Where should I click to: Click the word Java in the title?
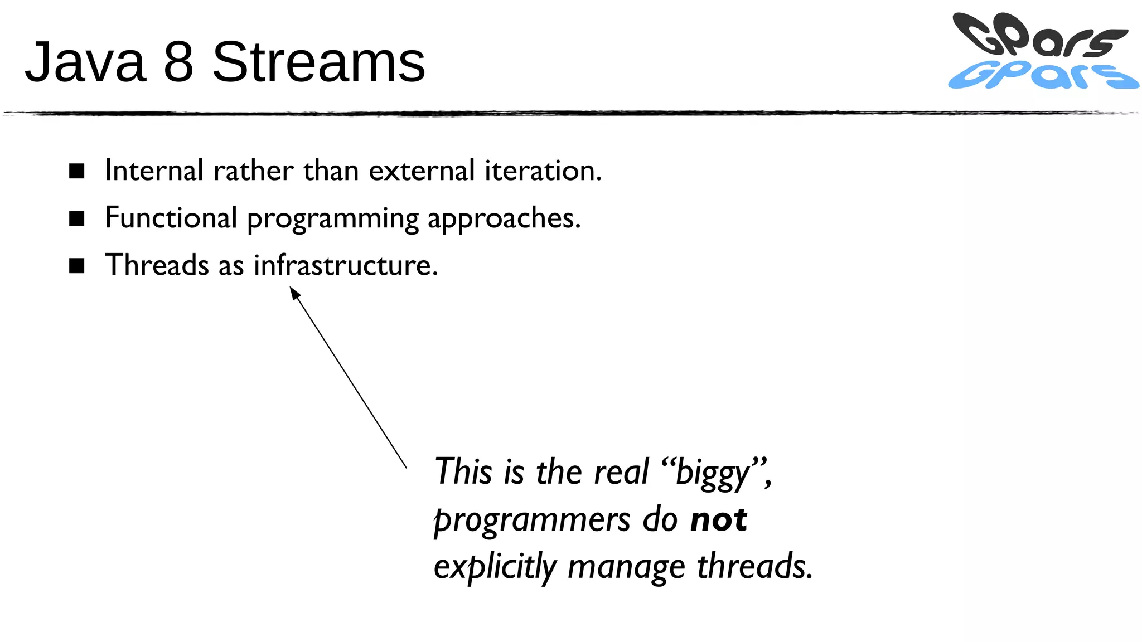(85, 62)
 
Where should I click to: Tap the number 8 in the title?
(178, 62)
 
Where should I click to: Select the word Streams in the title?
(318, 62)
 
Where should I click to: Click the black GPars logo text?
(1037, 35)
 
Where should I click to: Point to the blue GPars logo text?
(1043, 76)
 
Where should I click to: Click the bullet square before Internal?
(77, 171)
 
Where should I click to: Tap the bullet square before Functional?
(77, 218)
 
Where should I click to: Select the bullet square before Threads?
(77, 266)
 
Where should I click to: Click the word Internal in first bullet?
(154, 171)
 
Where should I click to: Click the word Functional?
(171, 218)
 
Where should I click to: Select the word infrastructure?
(346, 265)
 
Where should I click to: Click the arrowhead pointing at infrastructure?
(294, 291)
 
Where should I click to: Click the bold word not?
(718, 519)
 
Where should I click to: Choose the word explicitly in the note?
(495, 567)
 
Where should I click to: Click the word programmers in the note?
(532, 521)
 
